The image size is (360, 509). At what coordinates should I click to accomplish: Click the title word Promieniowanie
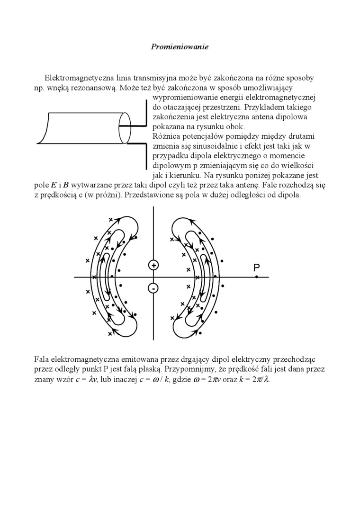(x=180, y=46)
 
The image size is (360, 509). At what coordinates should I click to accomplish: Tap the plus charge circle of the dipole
(x=153, y=265)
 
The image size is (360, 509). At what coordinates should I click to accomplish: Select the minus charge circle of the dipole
(x=153, y=288)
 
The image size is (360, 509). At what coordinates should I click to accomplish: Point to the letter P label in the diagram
(x=256, y=268)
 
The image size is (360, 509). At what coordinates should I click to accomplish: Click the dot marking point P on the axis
(x=256, y=277)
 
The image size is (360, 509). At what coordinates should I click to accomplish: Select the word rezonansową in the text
(x=94, y=88)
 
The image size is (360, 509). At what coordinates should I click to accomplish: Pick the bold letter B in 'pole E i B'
(x=66, y=186)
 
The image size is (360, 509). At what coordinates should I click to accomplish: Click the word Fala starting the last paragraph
(x=42, y=359)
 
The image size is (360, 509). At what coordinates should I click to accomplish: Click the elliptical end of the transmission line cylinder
(x=124, y=127)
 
